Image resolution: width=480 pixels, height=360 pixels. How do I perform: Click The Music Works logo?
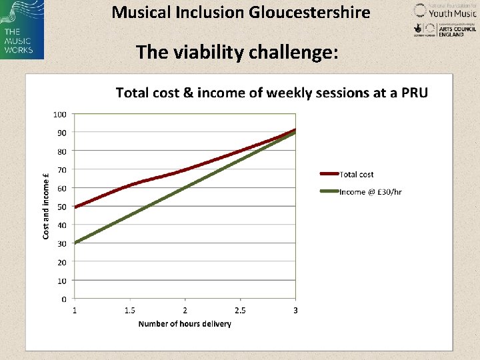22,29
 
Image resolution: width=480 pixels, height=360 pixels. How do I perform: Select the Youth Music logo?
445,10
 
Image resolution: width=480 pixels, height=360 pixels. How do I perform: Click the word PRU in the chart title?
414,93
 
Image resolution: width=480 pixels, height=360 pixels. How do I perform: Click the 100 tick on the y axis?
60,114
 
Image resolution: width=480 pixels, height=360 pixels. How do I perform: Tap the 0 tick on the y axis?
63,299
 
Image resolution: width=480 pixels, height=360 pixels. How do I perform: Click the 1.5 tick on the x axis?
129,310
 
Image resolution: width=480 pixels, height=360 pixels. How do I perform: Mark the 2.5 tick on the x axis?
240,310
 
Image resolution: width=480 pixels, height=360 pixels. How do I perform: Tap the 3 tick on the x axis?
295,310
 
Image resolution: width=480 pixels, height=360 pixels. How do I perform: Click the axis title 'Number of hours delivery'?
185,324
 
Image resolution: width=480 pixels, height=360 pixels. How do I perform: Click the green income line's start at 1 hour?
75,243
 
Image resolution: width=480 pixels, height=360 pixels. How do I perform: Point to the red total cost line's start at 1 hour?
75,207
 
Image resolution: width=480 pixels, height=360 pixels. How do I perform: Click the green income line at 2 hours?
185,188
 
